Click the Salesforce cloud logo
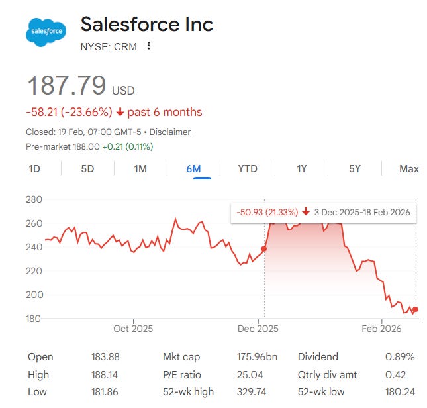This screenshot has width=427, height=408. (46, 32)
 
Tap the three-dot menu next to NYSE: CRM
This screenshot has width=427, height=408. (149, 46)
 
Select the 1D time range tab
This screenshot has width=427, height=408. (34, 168)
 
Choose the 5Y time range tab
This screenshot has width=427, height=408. (355, 168)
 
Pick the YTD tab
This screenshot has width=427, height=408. (248, 168)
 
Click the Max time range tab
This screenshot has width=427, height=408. (408, 168)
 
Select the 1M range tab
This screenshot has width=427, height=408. (140, 168)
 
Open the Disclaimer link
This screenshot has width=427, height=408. (170, 132)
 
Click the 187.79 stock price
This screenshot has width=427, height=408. (66, 86)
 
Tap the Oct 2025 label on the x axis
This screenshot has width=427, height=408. (133, 329)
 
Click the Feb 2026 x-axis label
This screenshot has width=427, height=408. (381, 329)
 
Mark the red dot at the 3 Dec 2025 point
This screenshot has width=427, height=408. (264, 249)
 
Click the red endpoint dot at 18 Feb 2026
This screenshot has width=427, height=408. (415, 309)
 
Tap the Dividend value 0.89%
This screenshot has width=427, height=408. (400, 357)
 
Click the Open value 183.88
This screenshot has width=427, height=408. (106, 357)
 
